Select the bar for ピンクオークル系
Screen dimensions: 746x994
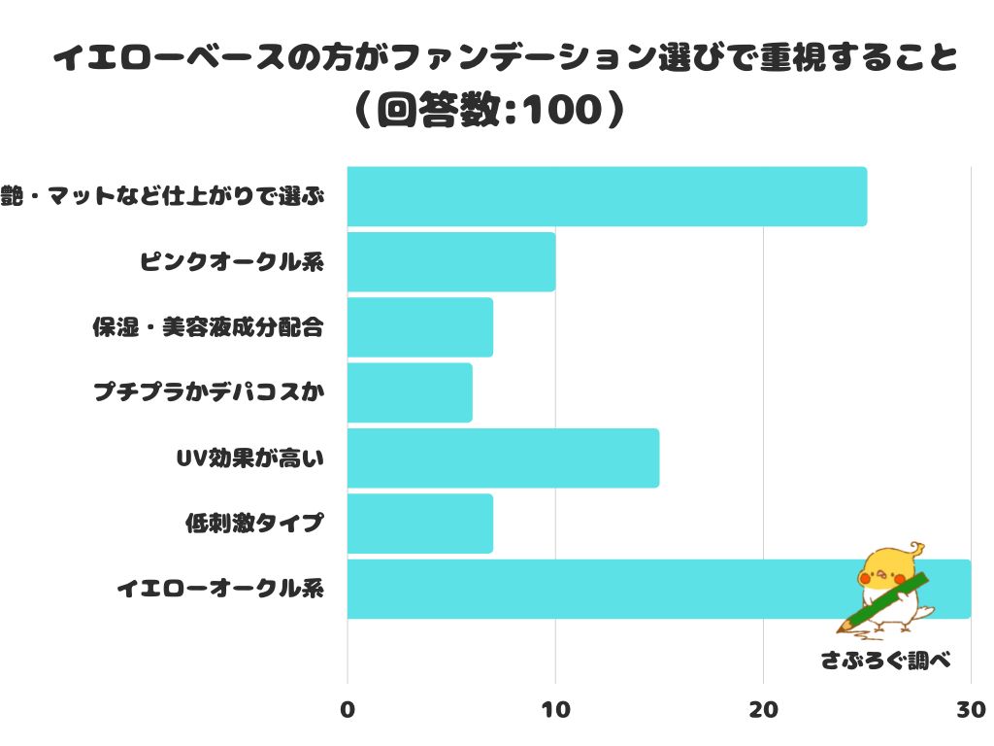pos(451,262)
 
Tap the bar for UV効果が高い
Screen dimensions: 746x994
pos(503,458)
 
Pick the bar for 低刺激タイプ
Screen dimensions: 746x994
pos(419,524)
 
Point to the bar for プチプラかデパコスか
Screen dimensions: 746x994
pos(410,392)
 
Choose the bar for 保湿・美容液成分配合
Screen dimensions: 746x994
pos(419,327)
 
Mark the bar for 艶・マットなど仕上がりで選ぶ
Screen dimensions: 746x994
pos(607,196)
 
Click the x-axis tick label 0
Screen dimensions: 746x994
pos(348,710)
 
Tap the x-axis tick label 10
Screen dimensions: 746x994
pos(555,710)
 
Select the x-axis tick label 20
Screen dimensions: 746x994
pos(764,710)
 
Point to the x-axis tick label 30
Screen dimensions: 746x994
pos(970,710)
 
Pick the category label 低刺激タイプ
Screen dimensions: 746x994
pos(253,524)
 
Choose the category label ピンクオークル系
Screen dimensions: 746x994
pos(231,262)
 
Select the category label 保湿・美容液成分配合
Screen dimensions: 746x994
pos(207,327)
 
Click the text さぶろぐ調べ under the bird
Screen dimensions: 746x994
pos(883,661)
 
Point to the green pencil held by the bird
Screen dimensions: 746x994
pos(882,602)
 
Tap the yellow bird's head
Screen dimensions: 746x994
pos(888,567)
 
